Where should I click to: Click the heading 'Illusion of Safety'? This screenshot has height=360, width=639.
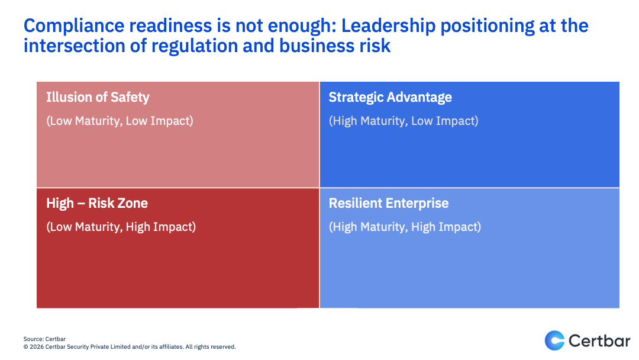pos(98,98)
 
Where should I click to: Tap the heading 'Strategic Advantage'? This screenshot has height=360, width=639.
pos(390,98)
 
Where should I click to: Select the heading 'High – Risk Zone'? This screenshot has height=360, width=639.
pos(97,203)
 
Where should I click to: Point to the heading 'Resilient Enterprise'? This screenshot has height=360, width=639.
pos(388,203)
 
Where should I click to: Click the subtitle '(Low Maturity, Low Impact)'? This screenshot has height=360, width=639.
pos(120,121)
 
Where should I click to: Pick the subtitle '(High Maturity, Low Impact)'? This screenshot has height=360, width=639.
pos(404,121)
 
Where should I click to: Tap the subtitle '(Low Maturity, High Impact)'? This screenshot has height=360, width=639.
pos(121,227)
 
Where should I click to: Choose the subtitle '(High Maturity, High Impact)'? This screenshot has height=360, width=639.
pos(405,227)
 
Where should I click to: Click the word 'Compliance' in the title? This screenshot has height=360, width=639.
pos(74,26)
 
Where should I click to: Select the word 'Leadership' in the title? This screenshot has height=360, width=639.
pos(388,26)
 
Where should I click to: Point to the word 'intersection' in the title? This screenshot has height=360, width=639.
pos(74,46)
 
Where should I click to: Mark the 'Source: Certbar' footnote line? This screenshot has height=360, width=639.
pos(44,339)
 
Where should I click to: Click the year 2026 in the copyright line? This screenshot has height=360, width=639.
pos(37,347)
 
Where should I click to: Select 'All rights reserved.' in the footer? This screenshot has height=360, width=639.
pos(211,347)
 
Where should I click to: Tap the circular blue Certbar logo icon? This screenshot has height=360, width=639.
pos(554,340)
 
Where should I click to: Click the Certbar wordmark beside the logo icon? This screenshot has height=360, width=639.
pos(599,340)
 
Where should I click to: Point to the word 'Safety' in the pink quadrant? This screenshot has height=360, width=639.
pos(130,98)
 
